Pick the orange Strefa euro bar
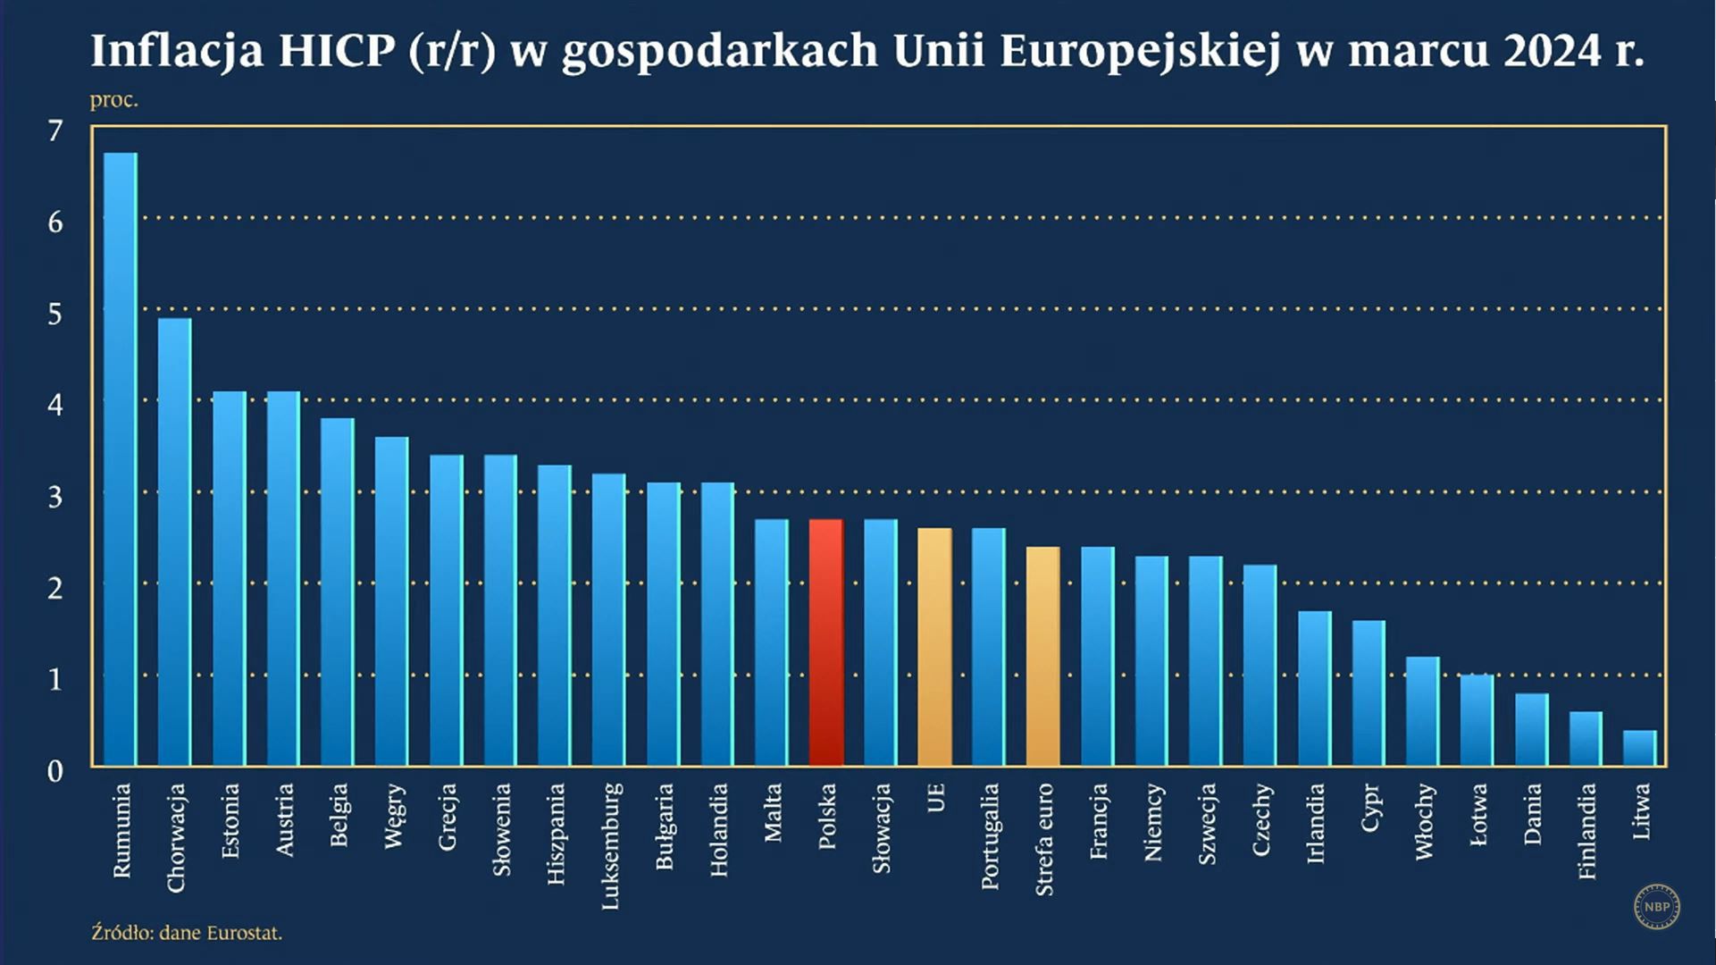tap(1043, 656)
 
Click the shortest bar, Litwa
tap(1640, 748)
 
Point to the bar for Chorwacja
tap(175, 541)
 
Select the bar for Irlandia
tap(1315, 688)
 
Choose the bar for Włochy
tap(1423, 711)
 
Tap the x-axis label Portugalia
tap(990, 836)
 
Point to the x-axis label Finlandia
tap(1586, 831)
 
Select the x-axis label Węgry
tap(393, 816)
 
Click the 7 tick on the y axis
tap(55, 131)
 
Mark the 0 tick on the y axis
tap(55, 771)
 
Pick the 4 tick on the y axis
tap(55, 406)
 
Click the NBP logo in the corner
tap(1657, 907)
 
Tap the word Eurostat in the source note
tap(243, 933)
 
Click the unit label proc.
tap(113, 100)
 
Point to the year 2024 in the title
tap(1553, 51)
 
